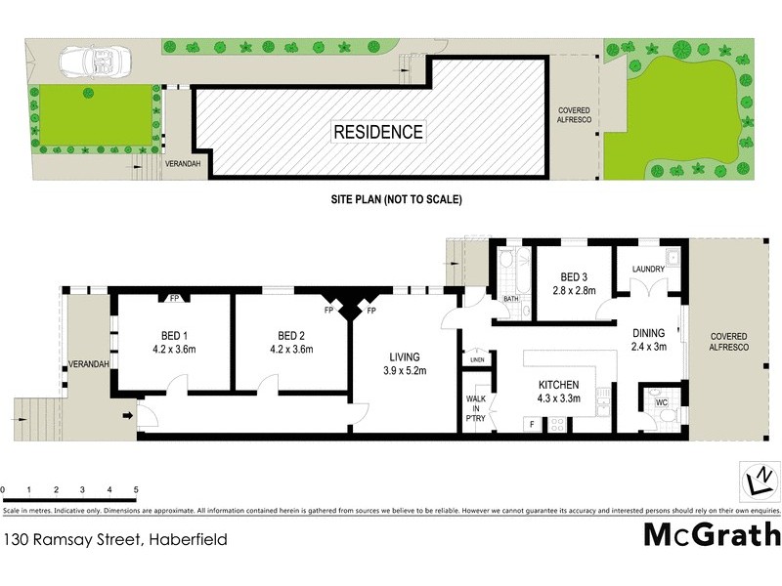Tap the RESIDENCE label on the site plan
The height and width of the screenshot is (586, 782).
[x=379, y=131]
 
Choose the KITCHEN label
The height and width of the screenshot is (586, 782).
[x=559, y=385]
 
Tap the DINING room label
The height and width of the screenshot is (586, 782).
[x=648, y=331]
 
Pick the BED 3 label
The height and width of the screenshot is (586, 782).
[x=574, y=276]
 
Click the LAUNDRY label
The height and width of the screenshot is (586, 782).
[x=648, y=270]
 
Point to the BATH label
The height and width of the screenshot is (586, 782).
[x=511, y=299]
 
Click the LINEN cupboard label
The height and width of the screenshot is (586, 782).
[x=477, y=360]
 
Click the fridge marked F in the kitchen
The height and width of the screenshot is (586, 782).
[x=531, y=424]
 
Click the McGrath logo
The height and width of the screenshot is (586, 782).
[x=712, y=535]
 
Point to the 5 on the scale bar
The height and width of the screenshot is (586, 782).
[x=136, y=488]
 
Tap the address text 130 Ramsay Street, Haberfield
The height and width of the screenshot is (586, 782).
[x=87, y=537]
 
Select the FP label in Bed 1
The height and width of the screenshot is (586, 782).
[x=174, y=298]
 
